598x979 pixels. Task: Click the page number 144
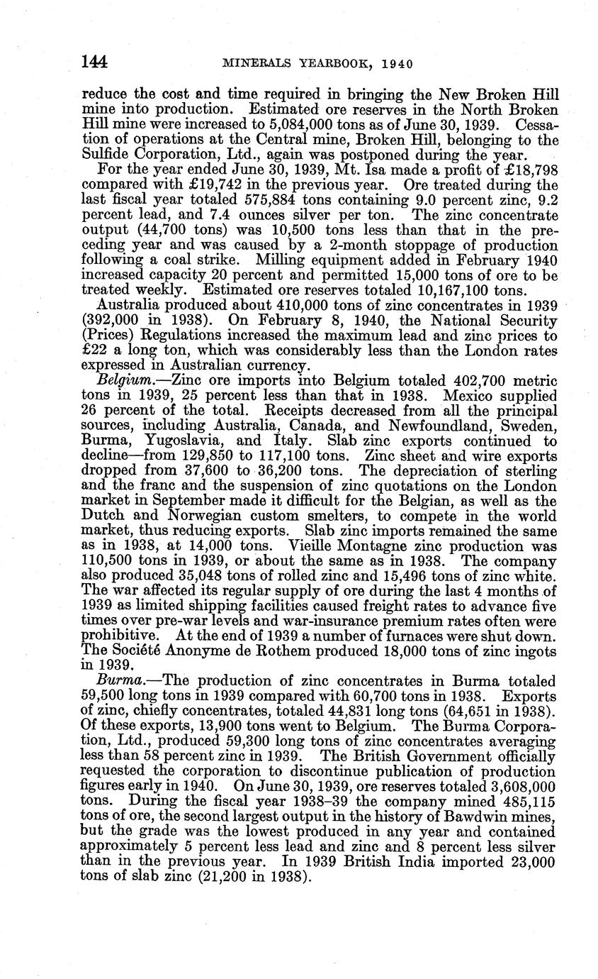point(94,62)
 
